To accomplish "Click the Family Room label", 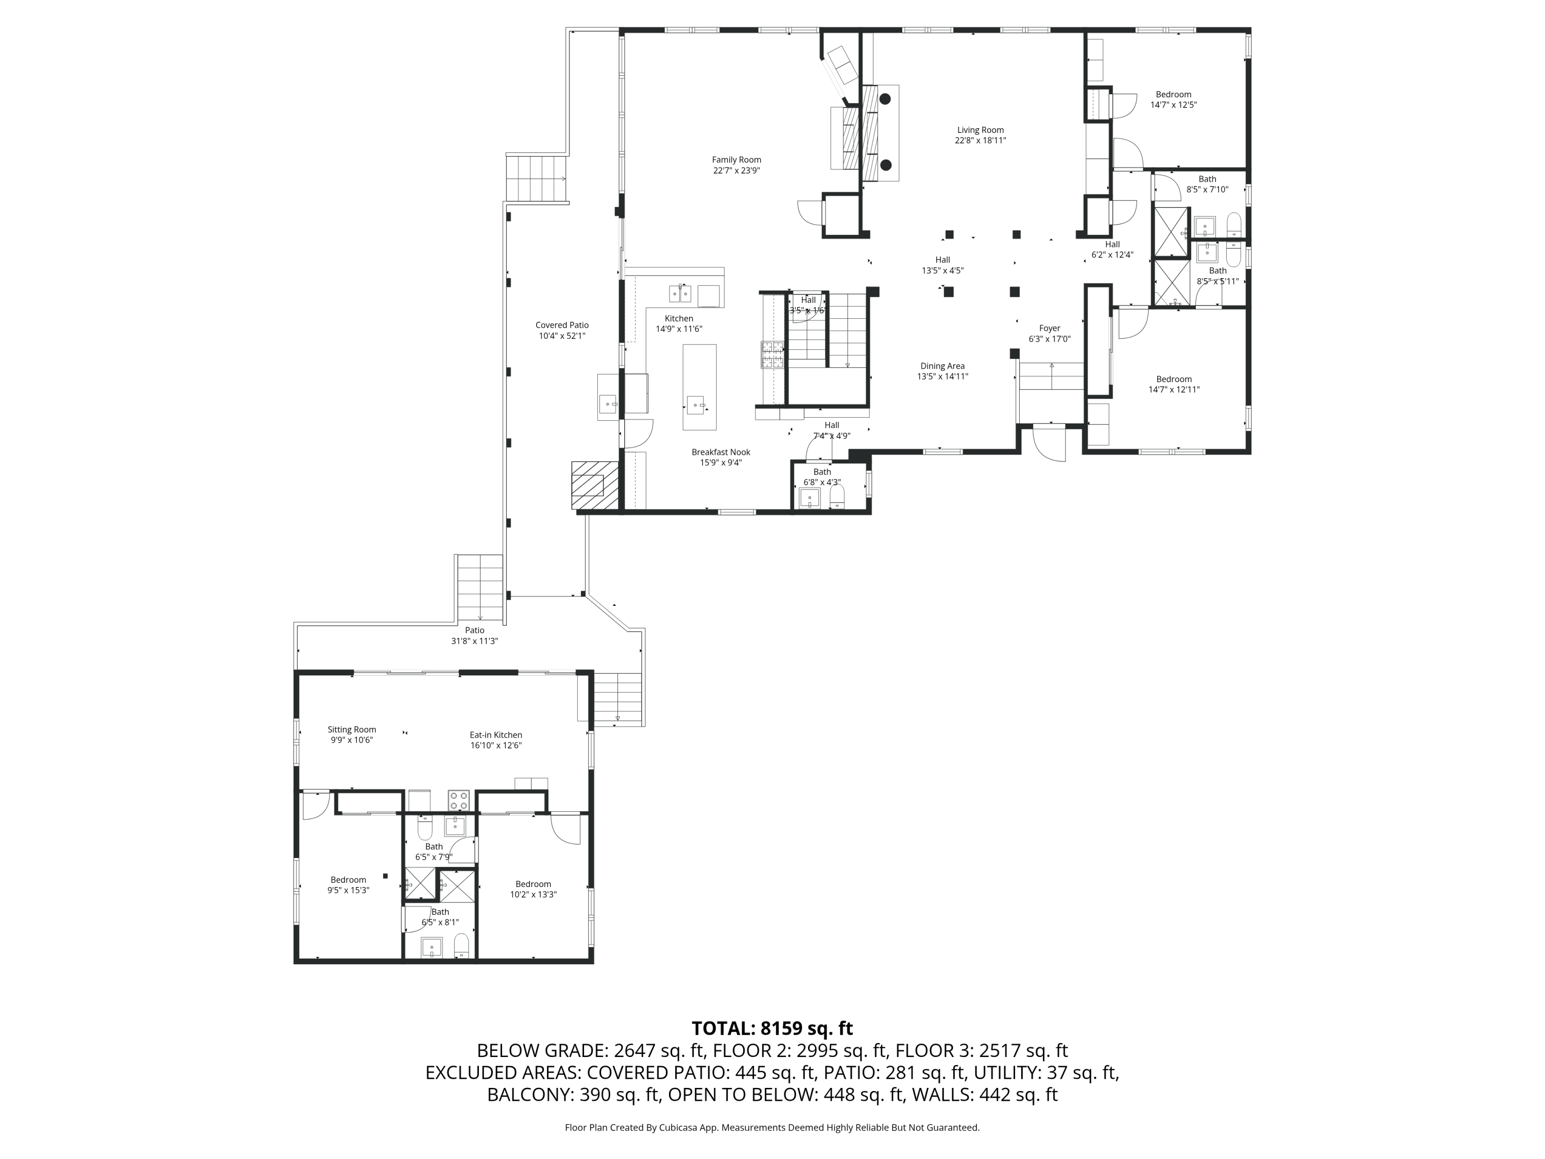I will [736, 160].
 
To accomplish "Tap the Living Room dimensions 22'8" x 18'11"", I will [980, 141].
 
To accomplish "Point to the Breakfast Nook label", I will [721, 453].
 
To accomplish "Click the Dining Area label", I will [942, 366].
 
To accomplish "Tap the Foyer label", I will [1049, 328].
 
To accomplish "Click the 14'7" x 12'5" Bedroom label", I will [1173, 95].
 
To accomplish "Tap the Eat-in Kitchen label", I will [495, 735].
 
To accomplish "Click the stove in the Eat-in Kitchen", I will [458, 800].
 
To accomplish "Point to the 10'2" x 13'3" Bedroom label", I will [533, 884].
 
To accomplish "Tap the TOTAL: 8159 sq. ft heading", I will [772, 1028].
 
